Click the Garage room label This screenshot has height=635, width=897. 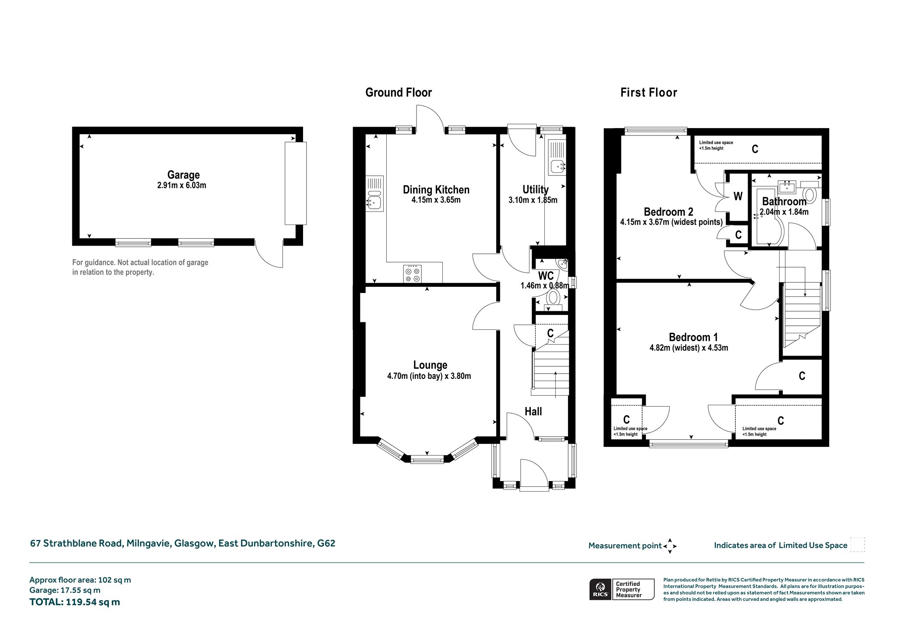183,175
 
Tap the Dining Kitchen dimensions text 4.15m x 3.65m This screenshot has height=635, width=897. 436,200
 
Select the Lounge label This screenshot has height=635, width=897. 430,365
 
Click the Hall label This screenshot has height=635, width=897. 533,411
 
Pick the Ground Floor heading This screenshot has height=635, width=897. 399,93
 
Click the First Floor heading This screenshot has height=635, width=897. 649,93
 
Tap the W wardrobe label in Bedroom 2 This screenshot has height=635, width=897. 738,196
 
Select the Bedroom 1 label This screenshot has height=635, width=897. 693,337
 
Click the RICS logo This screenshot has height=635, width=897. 599,589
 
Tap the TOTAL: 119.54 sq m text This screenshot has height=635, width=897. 74,602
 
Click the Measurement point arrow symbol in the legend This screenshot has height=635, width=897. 670,546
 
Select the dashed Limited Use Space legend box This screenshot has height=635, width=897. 857,545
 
